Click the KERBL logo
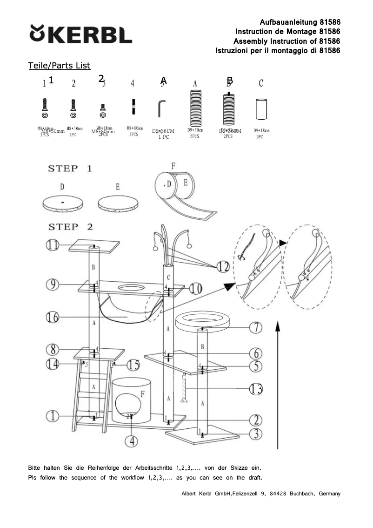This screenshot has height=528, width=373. pyautogui.click(x=81, y=34)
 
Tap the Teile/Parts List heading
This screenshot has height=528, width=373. pyautogui.click(x=59, y=66)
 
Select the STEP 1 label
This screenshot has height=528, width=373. pyautogui.click(x=70, y=169)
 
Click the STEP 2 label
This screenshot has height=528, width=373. pyautogui.click(x=70, y=227)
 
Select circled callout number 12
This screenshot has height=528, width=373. pyautogui.click(x=223, y=266)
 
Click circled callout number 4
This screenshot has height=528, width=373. pyautogui.click(x=133, y=440)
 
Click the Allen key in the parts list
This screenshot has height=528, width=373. pyautogui.click(x=161, y=109)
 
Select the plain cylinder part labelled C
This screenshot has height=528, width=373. pyautogui.click(x=260, y=109)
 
